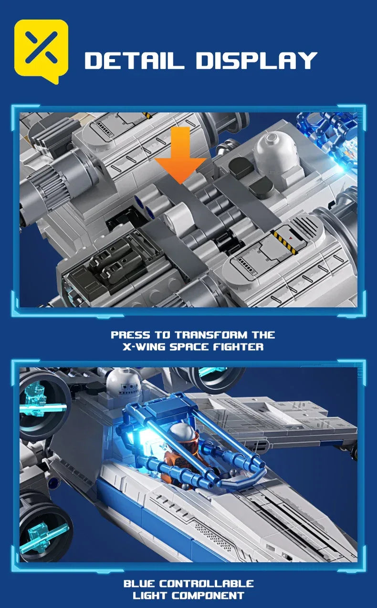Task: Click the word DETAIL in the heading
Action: point(136,61)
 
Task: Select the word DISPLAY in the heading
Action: point(256,61)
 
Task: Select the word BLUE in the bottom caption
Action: point(140,584)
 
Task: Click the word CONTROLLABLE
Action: point(207,584)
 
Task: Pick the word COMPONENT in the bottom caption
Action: point(208,596)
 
